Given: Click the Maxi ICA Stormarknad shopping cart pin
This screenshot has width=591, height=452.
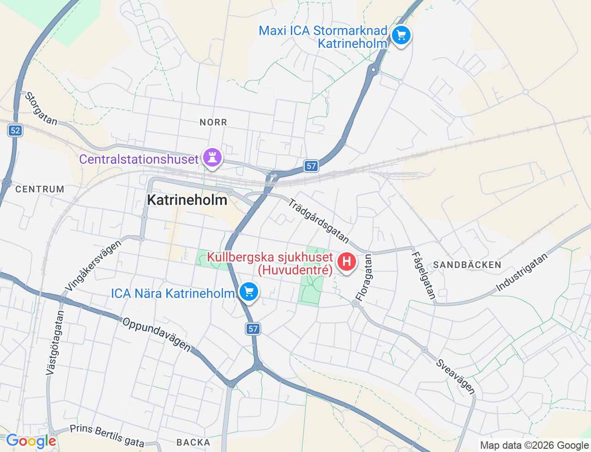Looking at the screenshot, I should coord(401,36).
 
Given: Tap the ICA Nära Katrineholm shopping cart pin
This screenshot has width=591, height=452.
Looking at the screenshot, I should coord(249,291).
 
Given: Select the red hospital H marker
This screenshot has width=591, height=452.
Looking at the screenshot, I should coord(346,262).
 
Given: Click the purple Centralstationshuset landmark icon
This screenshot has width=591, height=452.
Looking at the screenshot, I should coord(212,158).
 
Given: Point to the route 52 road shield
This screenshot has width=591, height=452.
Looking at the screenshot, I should coord(15,131).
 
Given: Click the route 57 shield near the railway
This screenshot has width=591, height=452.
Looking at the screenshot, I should coord(311,166).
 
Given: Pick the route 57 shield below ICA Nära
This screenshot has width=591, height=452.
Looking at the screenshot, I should coord(253,329).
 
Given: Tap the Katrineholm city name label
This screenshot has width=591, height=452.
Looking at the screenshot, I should coord(187,200).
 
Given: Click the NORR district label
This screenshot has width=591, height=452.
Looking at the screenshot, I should coord(213,122).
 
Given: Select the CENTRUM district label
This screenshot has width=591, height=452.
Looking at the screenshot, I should coord(40,189).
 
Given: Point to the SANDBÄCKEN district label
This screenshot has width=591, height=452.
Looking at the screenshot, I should coord(467,265).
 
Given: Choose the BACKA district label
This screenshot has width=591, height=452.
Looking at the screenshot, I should coord(193,443).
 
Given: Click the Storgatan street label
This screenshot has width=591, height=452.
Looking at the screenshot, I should coord(41,109).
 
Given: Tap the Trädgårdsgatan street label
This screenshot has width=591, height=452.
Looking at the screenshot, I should coord(319,220).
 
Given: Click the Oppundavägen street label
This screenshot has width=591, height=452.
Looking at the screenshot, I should coord(157,334).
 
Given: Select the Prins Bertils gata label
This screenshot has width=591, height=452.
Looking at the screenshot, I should coord(107,435).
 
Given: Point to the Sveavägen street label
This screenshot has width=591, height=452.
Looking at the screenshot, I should coord(455,377).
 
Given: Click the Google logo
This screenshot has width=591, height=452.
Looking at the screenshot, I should coord(31,441).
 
